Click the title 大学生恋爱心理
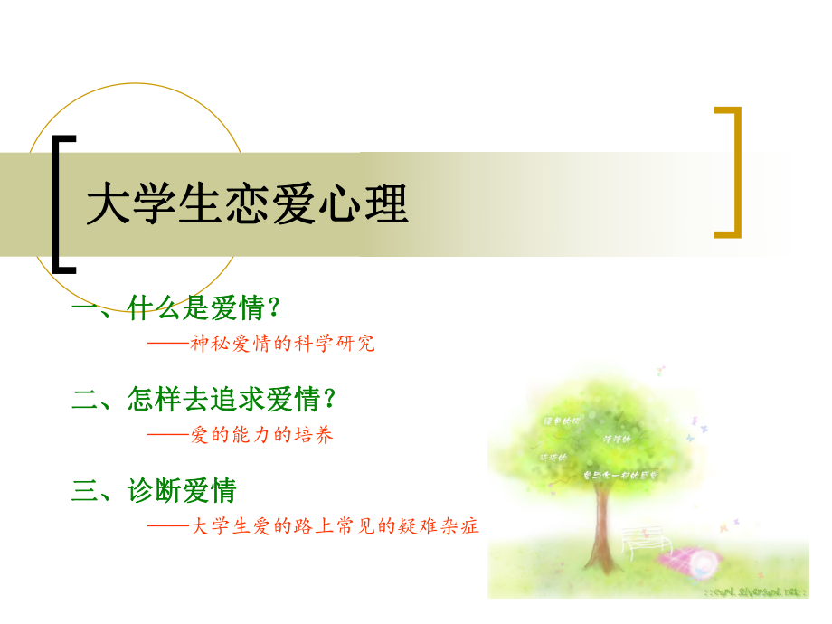(247, 205)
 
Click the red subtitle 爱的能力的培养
(262, 435)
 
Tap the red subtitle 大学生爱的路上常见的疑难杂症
(335, 526)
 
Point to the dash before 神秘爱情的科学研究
(167, 345)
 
